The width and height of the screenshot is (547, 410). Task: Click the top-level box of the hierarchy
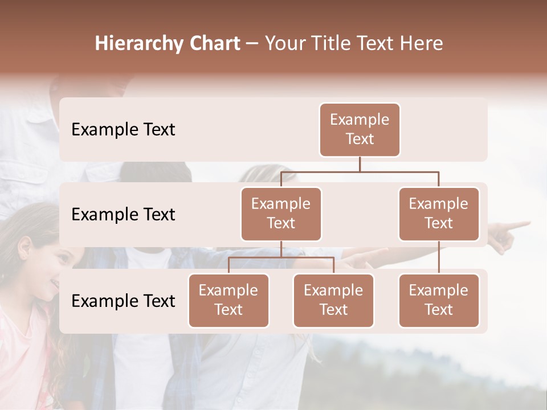click(360, 130)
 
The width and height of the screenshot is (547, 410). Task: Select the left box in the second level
click(281, 214)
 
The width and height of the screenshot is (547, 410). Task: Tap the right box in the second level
click(439, 214)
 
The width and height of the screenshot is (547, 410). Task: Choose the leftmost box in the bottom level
click(228, 301)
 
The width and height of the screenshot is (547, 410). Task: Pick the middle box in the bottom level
click(333, 301)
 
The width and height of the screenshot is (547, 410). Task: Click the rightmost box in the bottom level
click(439, 301)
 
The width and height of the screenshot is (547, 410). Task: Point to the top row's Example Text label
click(123, 130)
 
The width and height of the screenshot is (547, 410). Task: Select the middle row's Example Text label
click(123, 215)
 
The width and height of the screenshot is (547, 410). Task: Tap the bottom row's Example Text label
click(123, 301)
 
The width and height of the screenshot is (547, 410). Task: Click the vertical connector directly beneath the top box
click(360, 164)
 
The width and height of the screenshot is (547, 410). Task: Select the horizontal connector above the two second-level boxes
click(360, 171)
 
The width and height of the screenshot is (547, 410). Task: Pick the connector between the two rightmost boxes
click(439, 257)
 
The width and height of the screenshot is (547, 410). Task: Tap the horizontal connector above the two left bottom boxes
click(281, 258)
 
